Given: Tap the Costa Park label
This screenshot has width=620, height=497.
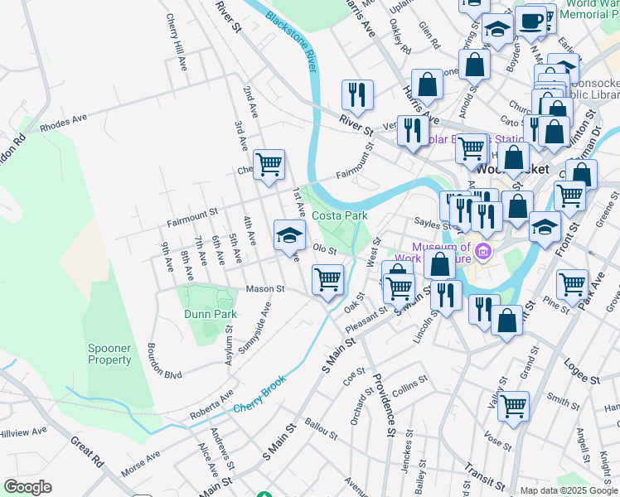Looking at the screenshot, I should click(x=339, y=215).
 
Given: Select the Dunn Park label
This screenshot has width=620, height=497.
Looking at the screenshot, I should click(x=210, y=314).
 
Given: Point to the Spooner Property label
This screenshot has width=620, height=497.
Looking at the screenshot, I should click(x=109, y=354).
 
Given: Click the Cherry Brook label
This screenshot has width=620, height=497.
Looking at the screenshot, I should click(x=259, y=398).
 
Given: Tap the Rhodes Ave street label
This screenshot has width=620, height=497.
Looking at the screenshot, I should click(x=63, y=123).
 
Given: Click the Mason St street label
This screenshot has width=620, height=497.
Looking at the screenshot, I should click(x=264, y=289).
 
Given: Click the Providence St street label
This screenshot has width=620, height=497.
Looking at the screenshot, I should click(x=382, y=403).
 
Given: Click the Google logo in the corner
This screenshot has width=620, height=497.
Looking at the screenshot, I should click(x=27, y=487).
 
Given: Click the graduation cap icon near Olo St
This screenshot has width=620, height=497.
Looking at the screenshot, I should click(x=290, y=234).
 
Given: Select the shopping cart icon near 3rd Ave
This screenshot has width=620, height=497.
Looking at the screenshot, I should click(x=269, y=164).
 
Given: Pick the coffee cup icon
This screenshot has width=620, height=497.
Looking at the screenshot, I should click(x=530, y=20).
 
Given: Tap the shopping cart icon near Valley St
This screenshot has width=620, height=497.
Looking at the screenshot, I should click(x=514, y=406).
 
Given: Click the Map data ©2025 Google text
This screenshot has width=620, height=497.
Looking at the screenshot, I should click(x=569, y=490).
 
